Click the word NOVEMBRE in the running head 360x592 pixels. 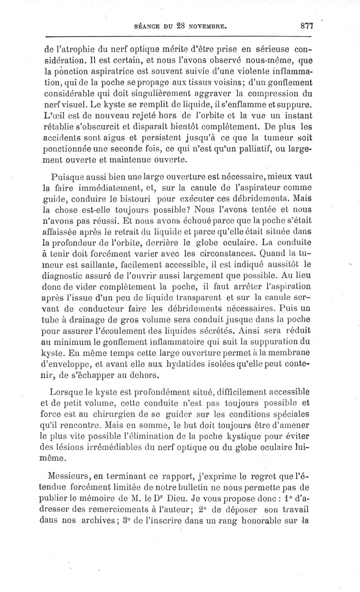coord(209,27)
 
